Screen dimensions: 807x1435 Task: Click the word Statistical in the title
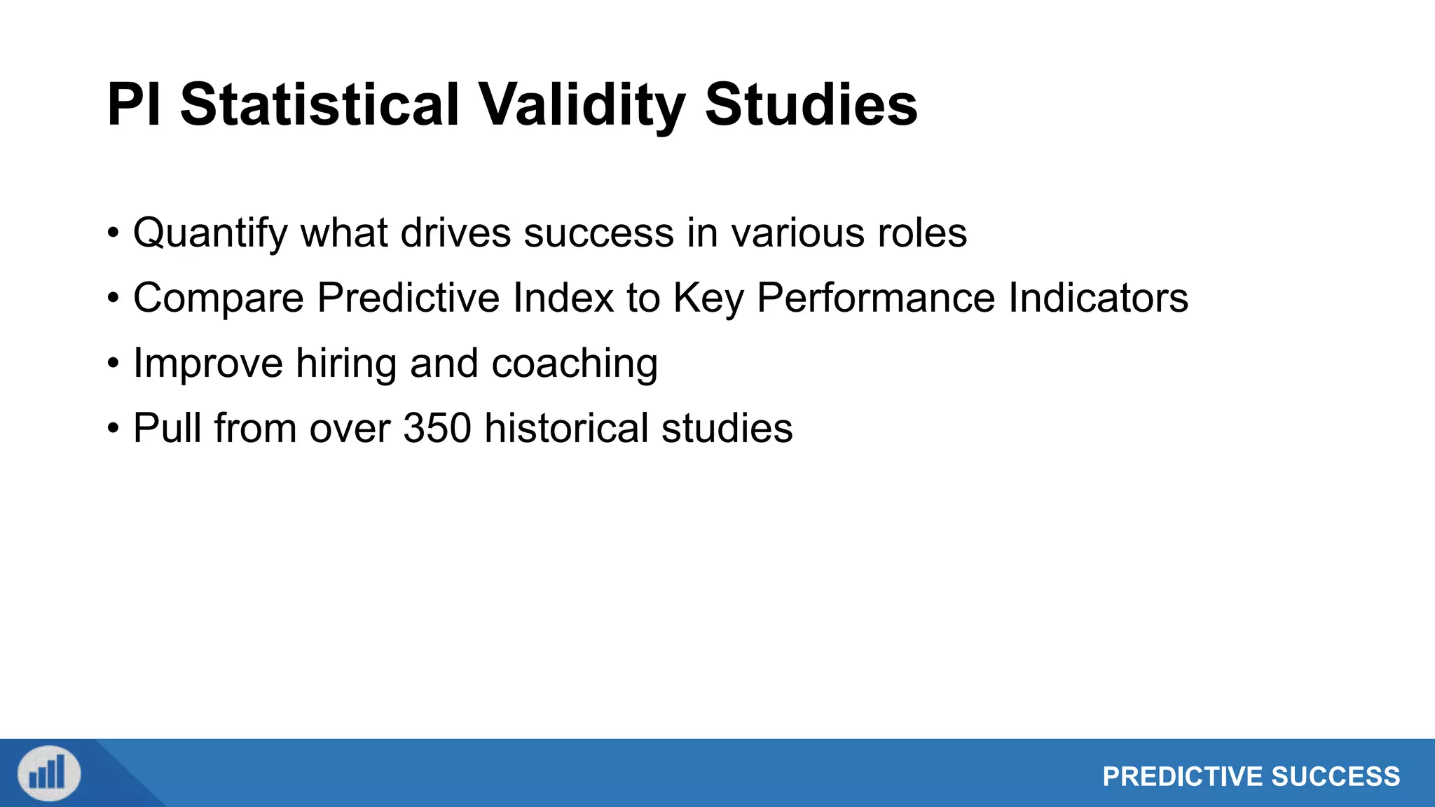click(x=320, y=105)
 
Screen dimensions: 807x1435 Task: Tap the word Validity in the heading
click(x=581, y=105)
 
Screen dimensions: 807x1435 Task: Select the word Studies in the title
click(x=811, y=105)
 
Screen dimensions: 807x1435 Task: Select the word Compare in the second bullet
click(x=218, y=298)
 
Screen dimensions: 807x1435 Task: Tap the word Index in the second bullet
click(x=563, y=298)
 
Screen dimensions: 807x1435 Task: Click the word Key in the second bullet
click(x=708, y=298)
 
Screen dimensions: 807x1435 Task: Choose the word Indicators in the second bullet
click(x=1098, y=298)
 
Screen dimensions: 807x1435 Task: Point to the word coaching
click(x=574, y=364)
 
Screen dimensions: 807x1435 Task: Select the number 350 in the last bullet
click(x=437, y=429)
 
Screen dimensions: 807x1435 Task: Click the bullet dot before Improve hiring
click(x=114, y=364)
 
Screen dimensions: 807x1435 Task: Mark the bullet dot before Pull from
click(x=114, y=429)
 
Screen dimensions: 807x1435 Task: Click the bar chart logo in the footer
click(x=48, y=773)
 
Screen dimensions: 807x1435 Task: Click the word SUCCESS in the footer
click(x=1336, y=777)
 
